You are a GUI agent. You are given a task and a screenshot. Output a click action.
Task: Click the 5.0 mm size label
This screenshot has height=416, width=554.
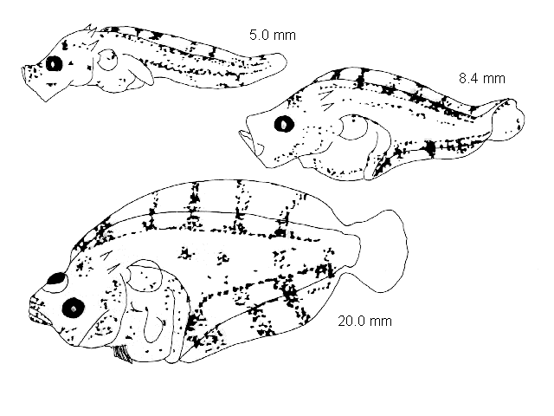(273, 36)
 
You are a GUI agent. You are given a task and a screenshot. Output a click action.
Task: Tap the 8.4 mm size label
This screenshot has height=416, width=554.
(482, 78)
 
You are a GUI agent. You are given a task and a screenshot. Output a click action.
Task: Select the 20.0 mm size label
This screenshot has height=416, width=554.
(365, 322)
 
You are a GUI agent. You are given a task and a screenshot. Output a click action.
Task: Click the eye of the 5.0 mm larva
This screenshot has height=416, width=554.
(54, 64)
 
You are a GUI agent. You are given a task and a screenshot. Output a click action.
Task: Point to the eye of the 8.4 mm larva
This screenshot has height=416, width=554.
(284, 124)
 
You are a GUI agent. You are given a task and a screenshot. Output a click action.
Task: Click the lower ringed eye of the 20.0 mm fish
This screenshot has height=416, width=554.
(74, 309)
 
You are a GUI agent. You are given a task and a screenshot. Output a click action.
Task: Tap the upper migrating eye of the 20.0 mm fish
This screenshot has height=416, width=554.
(57, 279)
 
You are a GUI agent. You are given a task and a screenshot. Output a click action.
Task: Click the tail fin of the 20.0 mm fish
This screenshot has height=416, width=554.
(383, 251)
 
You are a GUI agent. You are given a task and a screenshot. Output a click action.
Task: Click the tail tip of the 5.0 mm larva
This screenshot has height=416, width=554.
(280, 61)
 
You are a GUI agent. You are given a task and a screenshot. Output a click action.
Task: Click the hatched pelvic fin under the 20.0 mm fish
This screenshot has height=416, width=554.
(122, 354)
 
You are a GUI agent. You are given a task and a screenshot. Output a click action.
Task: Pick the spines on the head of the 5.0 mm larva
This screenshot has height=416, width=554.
(91, 29)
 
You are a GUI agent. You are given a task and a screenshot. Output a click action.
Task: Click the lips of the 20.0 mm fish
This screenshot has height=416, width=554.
(38, 311)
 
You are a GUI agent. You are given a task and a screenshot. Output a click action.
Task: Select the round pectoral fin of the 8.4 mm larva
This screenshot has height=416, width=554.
(353, 127)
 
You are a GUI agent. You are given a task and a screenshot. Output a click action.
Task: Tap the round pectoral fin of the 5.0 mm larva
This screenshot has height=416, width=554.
(107, 60)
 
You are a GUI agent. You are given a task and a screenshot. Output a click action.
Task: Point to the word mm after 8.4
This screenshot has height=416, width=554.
(494, 79)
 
